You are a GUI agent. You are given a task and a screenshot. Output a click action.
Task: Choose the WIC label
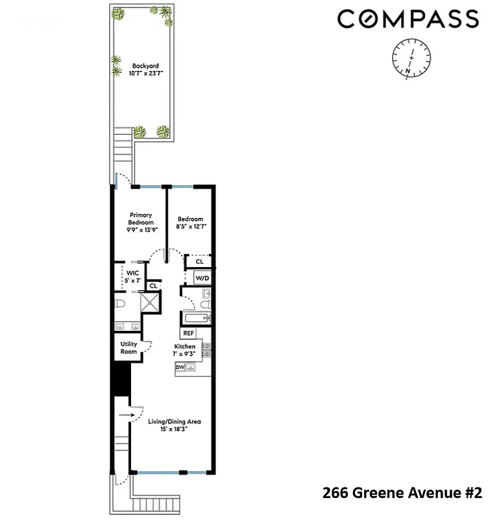(132, 276)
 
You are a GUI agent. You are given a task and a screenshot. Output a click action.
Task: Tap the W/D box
(202, 278)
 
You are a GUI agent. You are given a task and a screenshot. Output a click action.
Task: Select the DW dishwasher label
(179, 367)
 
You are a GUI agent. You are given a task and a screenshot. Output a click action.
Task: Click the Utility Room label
(128, 348)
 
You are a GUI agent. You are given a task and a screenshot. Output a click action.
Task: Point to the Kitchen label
(185, 350)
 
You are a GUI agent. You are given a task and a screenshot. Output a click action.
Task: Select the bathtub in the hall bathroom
(196, 318)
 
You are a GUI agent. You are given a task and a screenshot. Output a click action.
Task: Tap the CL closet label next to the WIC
(154, 285)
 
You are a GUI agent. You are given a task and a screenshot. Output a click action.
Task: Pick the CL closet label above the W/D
(199, 262)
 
